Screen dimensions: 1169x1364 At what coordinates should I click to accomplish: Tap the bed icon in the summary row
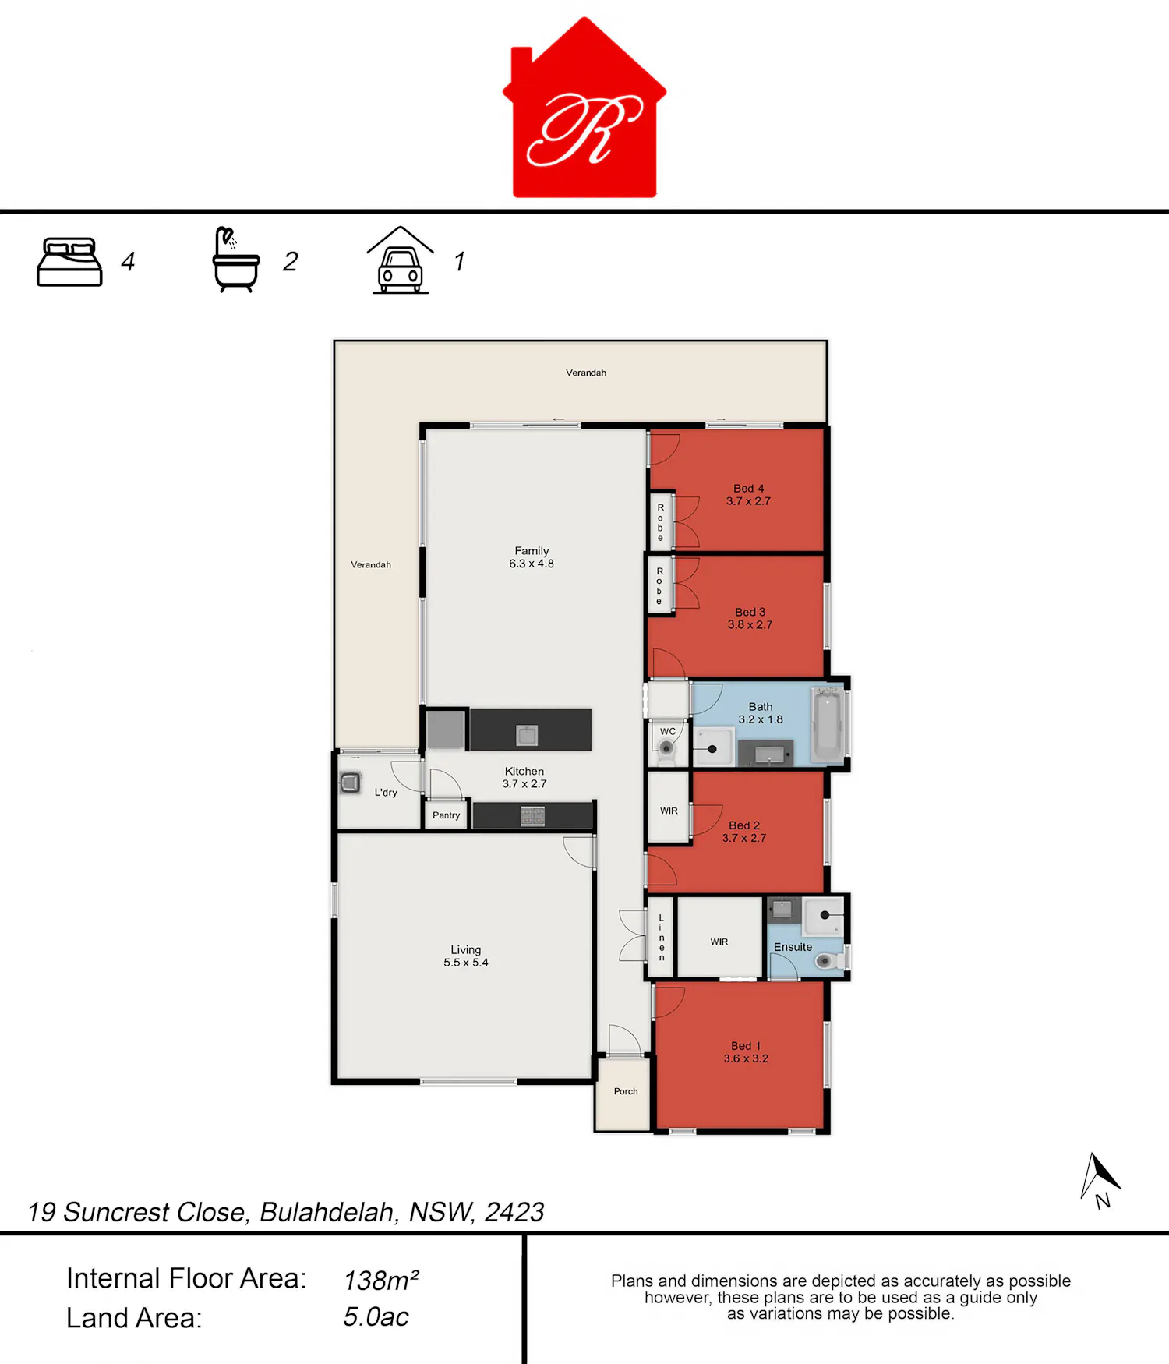tap(69, 262)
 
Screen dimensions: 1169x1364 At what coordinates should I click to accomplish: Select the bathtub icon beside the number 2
tap(235, 260)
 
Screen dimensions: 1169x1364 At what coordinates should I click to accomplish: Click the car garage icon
tap(401, 260)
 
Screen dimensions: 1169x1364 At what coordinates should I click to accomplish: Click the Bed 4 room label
tap(748, 495)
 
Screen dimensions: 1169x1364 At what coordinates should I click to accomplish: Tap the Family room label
tap(532, 557)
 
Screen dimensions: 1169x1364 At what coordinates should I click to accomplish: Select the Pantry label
tap(447, 815)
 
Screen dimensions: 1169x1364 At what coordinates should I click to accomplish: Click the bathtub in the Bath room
tap(828, 724)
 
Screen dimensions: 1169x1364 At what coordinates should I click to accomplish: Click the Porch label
tap(626, 1091)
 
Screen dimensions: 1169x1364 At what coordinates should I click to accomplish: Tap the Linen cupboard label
tap(662, 938)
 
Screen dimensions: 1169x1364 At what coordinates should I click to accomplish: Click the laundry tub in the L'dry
tap(351, 782)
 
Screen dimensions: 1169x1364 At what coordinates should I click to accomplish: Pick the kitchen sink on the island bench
tap(527, 734)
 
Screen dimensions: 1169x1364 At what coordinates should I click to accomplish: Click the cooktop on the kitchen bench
tap(533, 816)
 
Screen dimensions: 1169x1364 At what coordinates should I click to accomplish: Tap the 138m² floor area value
tap(381, 1281)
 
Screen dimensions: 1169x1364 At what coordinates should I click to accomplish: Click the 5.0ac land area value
tap(376, 1317)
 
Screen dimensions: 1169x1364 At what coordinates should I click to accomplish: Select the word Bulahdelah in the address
tap(327, 1212)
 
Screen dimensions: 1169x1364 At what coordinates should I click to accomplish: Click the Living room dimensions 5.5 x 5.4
tap(466, 963)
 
